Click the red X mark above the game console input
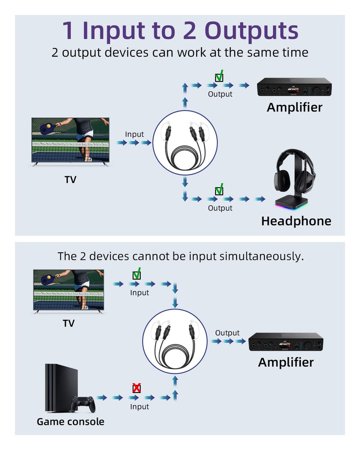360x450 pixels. [136, 388]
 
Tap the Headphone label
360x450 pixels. [296, 221]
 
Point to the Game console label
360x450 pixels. [70, 422]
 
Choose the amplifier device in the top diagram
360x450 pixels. [294, 87]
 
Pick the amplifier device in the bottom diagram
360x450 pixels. [286, 342]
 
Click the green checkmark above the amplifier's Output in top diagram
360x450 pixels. [219, 77]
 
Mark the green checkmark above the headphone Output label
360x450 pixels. [219, 190]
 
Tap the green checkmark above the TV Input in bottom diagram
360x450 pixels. [137, 274]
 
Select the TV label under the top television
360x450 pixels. [70, 180]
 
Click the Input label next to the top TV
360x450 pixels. [134, 134]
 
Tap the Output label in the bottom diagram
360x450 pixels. [227, 333]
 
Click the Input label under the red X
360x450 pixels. [139, 407]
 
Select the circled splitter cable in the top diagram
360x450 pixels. [185, 143]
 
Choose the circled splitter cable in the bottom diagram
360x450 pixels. [175, 341]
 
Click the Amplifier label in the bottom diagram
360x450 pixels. [286, 362]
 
